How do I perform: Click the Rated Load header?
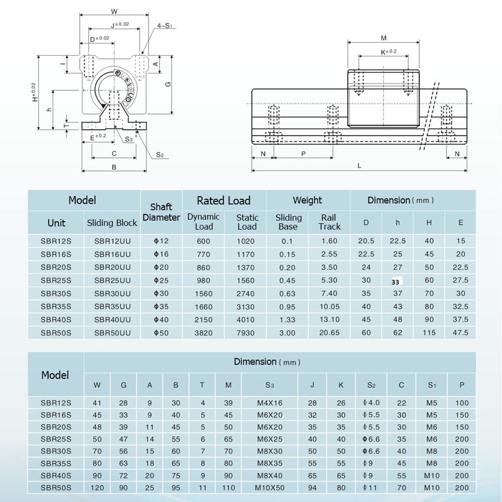tap(223, 201)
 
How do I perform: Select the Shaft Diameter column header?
tap(161, 212)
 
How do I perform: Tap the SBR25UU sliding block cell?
tap(112, 280)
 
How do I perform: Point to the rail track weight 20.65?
tap(329, 333)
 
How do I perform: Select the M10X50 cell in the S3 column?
tap(270, 487)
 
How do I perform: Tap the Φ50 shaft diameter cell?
tap(161, 333)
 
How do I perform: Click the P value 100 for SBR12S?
tap(462, 403)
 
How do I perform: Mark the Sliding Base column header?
tap(289, 222)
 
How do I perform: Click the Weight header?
tap(307, 200)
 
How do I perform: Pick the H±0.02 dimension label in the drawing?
tap(34, 93)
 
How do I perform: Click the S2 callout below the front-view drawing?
tap(159, 155)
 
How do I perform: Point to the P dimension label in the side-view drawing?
tap(303, 154)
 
